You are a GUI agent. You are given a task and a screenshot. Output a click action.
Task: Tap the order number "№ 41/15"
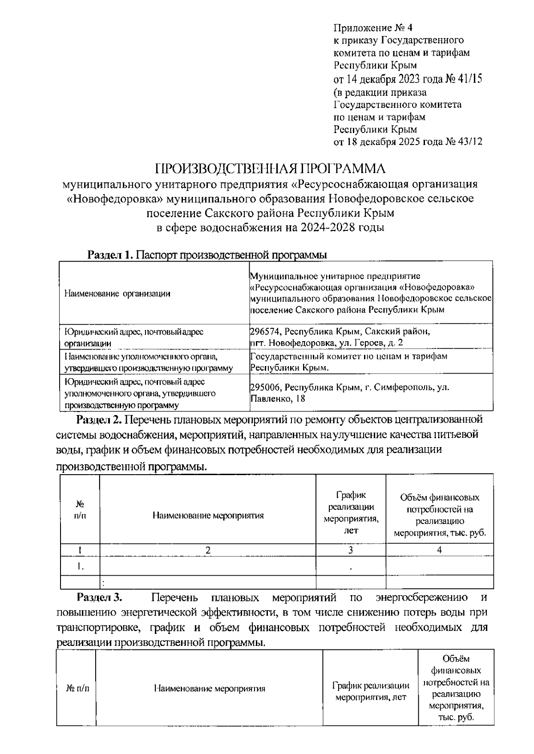tap(464, 79)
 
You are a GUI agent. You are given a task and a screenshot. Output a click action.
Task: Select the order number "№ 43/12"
tap(464, 142)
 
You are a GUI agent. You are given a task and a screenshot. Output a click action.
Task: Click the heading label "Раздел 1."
tap(110, 255)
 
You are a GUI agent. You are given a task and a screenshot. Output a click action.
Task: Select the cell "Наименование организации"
tap(117, 293)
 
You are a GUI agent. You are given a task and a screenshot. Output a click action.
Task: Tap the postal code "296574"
tap(265, 331)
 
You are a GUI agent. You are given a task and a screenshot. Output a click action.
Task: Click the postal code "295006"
tap(265, 387)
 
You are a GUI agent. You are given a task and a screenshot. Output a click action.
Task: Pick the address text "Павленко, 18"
tap(278, 399)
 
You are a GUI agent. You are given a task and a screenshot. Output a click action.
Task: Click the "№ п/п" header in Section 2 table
tap(80, 510)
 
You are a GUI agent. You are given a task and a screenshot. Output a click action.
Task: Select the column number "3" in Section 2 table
tap(351, 550)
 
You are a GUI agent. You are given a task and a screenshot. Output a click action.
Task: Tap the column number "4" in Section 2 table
tap(439, 550)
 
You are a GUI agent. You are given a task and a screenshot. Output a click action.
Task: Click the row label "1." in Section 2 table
tap(80, 566)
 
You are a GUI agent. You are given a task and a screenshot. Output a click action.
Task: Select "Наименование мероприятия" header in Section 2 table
tap(208, 516)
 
